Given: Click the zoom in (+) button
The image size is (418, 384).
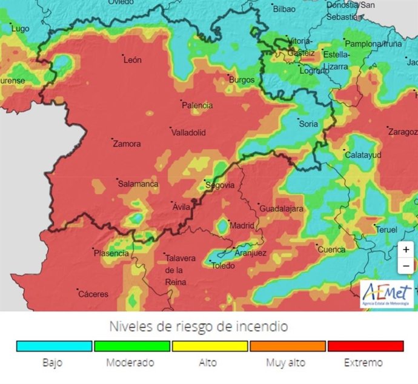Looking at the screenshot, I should coord(406,250).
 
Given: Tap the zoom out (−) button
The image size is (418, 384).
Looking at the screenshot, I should coord(406,265).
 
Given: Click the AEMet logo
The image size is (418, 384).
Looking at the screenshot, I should coord(386,294).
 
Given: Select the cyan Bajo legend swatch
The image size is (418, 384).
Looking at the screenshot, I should coord(53,346).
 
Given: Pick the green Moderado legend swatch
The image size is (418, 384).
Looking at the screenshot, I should coord(131,346).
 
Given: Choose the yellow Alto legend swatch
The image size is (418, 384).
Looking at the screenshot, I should coord(210,346).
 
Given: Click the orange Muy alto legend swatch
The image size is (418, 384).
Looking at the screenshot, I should coord(287,346).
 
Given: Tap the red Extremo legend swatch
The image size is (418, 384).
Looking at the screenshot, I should coord(365,346).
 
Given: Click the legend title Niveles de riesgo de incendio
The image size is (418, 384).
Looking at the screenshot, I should coord(198,326).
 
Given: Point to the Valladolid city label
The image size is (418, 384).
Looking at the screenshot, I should coord(188,132).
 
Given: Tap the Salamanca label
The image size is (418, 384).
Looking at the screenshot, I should coord(138,184).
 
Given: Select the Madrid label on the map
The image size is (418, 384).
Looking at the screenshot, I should coord(242,225).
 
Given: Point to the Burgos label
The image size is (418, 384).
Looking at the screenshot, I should coord(241,79).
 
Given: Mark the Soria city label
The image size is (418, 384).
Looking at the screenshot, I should coord(308,124).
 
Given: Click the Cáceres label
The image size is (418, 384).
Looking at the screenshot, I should coord(93,294).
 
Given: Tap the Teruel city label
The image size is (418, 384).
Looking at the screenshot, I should coord(386,230).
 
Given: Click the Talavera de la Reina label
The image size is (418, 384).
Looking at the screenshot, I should coord(180,270).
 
